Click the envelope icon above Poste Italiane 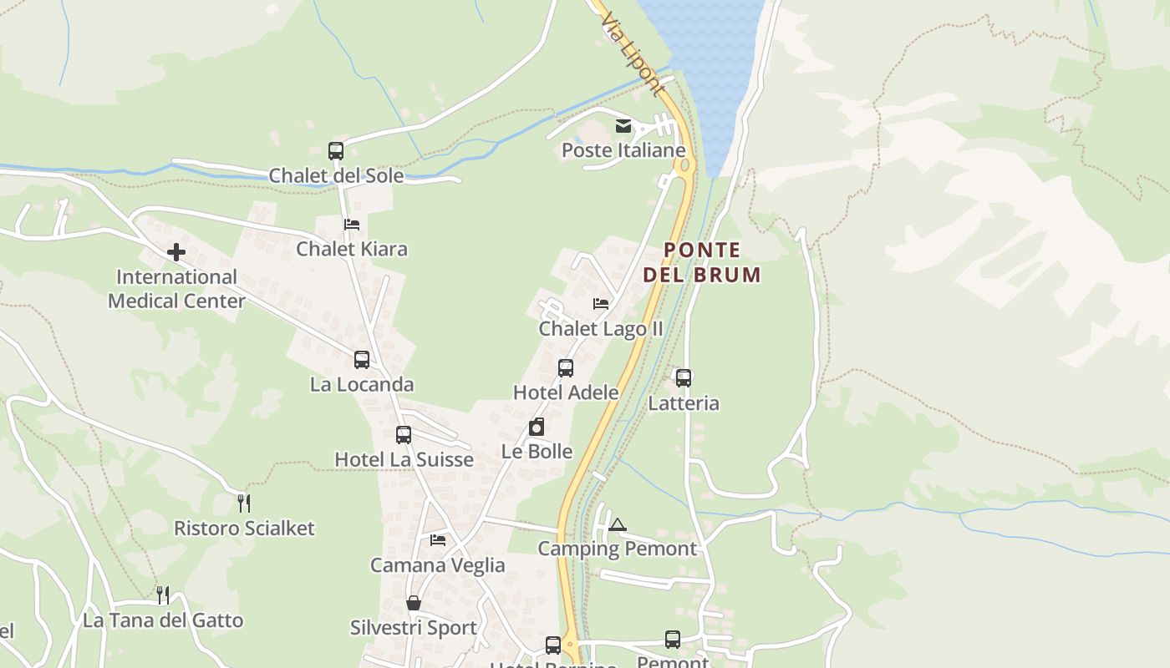coord(623,126)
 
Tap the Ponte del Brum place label coord(702,262)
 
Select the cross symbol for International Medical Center coord(176,252)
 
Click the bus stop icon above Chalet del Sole coord(336,151)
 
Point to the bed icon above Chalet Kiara coord(352,225)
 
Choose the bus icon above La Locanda coord(362,360)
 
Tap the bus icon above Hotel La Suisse coord(404,435)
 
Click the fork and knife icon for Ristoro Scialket coord(244,503)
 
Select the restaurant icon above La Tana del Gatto coord(163,595)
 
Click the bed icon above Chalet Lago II coord(601,304)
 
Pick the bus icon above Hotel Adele coord(566,368)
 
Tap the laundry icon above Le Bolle coord(537,428)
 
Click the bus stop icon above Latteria coord(684,378)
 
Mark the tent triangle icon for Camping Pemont coord(618,524)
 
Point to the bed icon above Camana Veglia coord(438,540)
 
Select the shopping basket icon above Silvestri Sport coord(414,603)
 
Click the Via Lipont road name coord(633,54)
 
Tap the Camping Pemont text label coord(617,549)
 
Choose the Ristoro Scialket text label coord(244,528)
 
